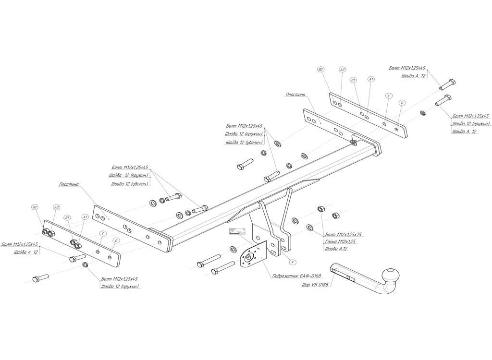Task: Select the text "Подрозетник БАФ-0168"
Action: coord(296,276)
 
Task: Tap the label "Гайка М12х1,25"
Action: coord(342,241)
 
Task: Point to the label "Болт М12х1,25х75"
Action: coord(343,234)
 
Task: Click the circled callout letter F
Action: coord(293,262)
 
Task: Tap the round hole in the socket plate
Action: coord(249,258)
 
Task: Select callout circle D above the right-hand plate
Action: coord(402,102)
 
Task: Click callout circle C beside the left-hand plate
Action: coord(102,233)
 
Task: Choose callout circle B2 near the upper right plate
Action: coord(321,70)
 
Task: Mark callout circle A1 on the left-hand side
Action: coord(85,217)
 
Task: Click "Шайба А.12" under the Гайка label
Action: coord(336,249)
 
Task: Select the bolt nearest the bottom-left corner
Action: coord(40,278)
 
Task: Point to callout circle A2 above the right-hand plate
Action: coord(343,70)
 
